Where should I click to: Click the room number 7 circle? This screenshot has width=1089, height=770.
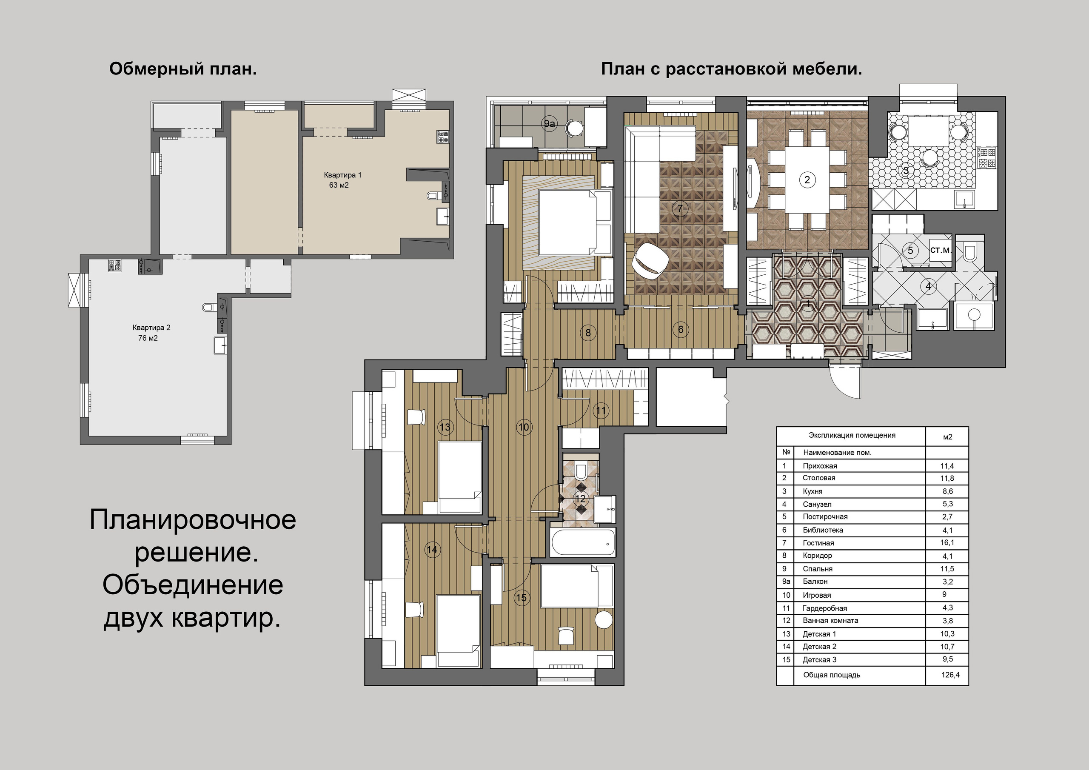coord(680,208)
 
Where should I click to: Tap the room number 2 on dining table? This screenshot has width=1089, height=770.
coord(807,180)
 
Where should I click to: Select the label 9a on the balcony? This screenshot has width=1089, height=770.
coord(549,124)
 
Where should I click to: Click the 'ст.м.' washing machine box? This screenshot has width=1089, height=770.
coord(940,250)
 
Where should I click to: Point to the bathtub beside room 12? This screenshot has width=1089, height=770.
coord(583,542)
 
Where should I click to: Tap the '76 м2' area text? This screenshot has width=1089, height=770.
coord(148,338)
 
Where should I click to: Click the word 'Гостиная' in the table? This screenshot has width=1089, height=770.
coord(818,543)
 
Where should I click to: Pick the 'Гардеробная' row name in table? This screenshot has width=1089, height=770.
coord(824,608)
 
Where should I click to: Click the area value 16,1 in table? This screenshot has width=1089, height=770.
coord(947,542)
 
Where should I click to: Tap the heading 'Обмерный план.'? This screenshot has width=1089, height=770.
coord(182,69)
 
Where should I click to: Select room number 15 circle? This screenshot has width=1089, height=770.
coord(521,598)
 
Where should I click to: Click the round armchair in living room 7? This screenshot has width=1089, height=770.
coord(651,260)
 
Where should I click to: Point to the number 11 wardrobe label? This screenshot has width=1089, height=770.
coord(601,411)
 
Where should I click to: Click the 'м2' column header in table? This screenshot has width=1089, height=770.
coord(947,437)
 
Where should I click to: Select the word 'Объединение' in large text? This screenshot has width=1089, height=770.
coord(193,585)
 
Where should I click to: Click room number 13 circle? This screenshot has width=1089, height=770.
coord(445,427)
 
